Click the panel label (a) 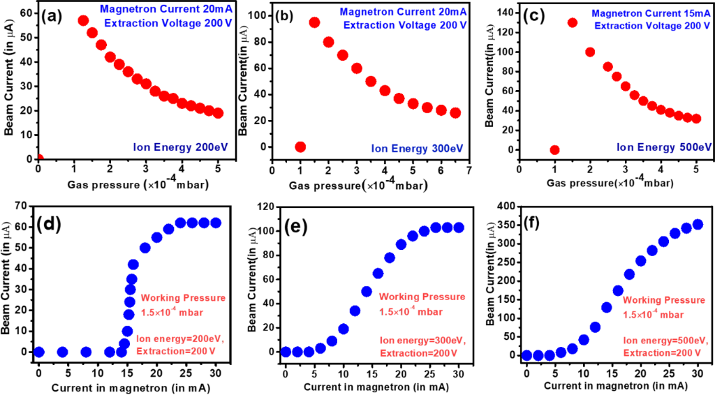[x=56, y=16]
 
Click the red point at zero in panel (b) [x=300, y=147]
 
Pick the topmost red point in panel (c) [x=573, y=22]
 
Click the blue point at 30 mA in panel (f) [x=697, y=224]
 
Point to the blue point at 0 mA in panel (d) [x=39, y=352]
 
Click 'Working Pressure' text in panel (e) [x=422, y=296]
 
